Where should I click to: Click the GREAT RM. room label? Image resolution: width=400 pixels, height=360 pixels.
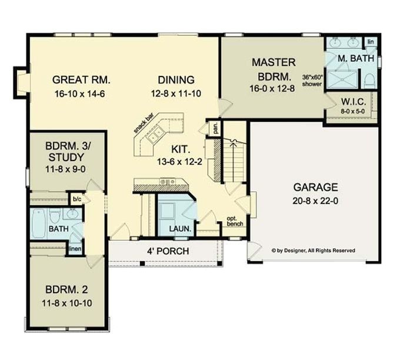click(82, 79)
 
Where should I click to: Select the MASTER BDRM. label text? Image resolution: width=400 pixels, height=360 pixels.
click(273, 68)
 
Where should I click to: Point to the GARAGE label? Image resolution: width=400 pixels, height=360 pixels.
click(315, 188)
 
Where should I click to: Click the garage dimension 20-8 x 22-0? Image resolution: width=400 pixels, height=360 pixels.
click(315, 200)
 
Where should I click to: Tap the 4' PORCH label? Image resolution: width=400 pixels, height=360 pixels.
click(168, 251)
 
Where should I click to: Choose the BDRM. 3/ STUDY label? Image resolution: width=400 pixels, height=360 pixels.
click(66, 152)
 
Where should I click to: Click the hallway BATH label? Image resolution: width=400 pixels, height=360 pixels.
click(58, 229)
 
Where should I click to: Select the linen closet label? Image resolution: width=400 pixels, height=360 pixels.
click(75, 249)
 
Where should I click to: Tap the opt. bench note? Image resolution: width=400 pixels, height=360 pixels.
click(234, 222)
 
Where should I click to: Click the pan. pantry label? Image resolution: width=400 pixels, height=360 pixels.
click(216, 128)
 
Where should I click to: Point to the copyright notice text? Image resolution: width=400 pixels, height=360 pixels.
click(313, 250)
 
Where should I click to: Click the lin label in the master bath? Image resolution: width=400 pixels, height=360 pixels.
click(371, 42)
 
